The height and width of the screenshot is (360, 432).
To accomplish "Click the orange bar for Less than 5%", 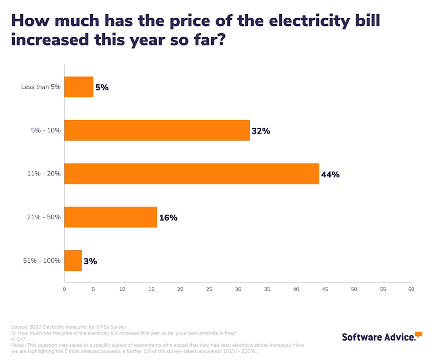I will [79, 87].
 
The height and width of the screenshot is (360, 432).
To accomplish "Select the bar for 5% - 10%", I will [157, 131].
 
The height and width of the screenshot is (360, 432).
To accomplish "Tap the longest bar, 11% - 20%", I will [191, 174].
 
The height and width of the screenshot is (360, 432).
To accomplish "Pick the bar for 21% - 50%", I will [111, 217].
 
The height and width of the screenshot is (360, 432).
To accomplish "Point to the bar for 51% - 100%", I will [73, 261].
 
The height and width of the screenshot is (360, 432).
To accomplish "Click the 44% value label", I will [330, 175].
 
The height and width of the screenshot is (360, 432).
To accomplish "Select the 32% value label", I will [260, 131].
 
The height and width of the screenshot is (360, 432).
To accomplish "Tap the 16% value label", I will [168, 218].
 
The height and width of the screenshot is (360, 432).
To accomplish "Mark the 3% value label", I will [90, 261].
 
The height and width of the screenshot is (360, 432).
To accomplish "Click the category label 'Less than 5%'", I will [41, 87].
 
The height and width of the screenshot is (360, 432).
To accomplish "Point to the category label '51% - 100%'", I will [42, 261].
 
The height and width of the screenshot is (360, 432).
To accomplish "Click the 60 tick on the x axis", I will [411, 289].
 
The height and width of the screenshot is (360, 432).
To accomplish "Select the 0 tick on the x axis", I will [64, 289].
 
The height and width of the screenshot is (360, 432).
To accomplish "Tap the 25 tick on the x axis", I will [209, 289].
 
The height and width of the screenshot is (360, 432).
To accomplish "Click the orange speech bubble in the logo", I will [418, 335].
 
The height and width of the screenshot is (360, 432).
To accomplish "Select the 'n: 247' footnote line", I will [18, 339].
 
